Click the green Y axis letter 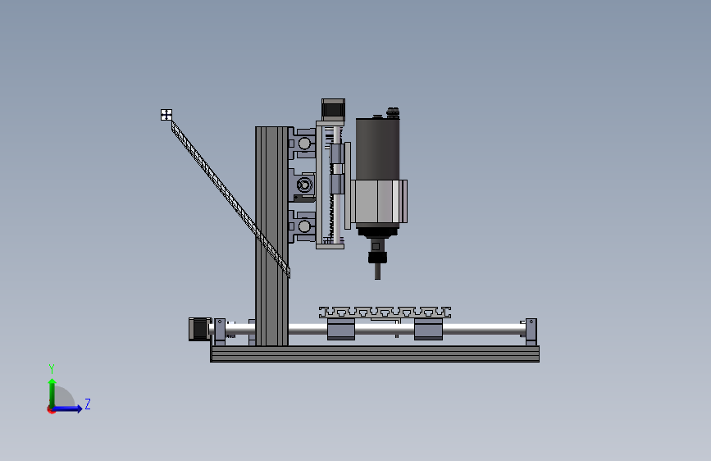pyautogui.click(x=52, y=369)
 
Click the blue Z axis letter pyautogui.click(x=88, y=404)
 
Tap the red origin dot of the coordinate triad pyautogui.click(x=51, y=409)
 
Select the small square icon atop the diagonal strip pyautogui.click(x=166, y=115)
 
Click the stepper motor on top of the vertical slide pyautogui.click(x=333, y=109)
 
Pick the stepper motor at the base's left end pyautogui.click(x=199, y=329)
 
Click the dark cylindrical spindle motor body pyautogui.click(x=377, y=148)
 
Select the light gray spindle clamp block pyautogui.click(x=379, y=202)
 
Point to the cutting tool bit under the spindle pyautogui.click(x=377, y=272)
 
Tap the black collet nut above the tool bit pyautogui.click(x=377, y=258)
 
